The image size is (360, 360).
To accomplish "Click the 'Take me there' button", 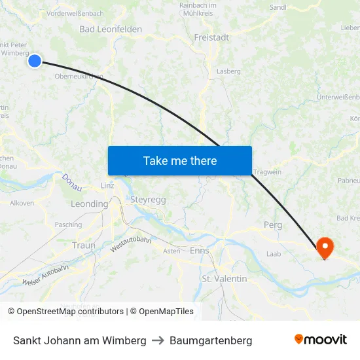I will (x=180, y=160).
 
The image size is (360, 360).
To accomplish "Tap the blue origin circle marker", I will (x=35, y=61).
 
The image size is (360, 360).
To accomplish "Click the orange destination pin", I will (x=325, y=247).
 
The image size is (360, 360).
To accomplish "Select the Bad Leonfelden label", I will (x=111, y=29).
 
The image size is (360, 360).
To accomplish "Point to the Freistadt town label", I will (x=211, y=37).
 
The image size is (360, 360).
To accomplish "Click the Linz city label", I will (x=108, y=185).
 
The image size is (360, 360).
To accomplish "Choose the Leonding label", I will (x=88, y=204).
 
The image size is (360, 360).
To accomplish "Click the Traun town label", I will (x=84, y=245).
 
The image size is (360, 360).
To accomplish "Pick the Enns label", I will (x=199, y=250).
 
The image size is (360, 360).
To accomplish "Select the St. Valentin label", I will (x=225, y=279).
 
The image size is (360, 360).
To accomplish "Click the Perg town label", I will (x=273, y=225).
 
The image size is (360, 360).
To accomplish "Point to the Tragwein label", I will (x=266, y=171).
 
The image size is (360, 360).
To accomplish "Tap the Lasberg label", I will (x=228, y=71).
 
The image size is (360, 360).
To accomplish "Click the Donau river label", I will (x=72, y=182).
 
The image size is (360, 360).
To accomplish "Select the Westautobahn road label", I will (x=131, y=244).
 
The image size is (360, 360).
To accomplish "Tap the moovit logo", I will (x=321, y=340).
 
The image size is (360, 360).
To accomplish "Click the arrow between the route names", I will (x=158, y=340).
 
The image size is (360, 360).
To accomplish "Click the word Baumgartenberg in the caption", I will (x=211, y=340).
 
